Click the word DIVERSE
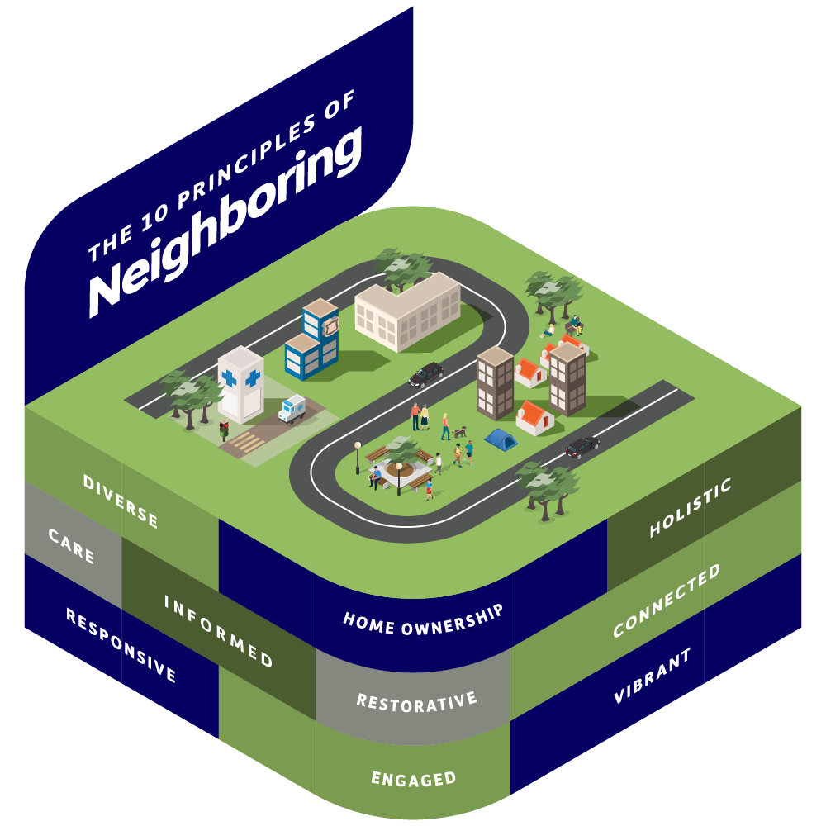click(x=121, y=501)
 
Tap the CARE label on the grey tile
click(x=72, y=547)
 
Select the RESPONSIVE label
click(x=121, y=646)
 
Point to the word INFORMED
click(x=218, y=630)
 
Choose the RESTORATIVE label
click(x=416, y=701)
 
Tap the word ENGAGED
click(x=413, y=778)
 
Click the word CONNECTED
click(x=667, y=601)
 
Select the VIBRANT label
click(x=652, y=676)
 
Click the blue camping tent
click(x=501, y=438)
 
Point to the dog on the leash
click(x=460, y=431)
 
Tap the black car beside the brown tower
click(x=426, y=375)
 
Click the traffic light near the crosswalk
click(x=222, y=430)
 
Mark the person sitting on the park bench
click(x=377, y=475)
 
